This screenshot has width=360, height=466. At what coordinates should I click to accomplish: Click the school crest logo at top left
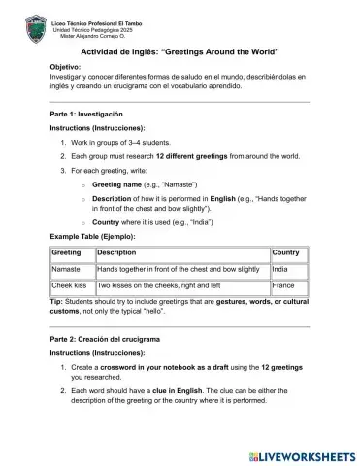[34, 25]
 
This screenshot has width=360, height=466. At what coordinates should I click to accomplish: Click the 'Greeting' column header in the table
[66, 252]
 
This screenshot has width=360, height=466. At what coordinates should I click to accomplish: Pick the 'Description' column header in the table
[116, 252]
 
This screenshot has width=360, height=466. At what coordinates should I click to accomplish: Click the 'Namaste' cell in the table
[66, 269]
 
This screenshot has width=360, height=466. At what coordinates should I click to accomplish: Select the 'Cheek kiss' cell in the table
[69, 286]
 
